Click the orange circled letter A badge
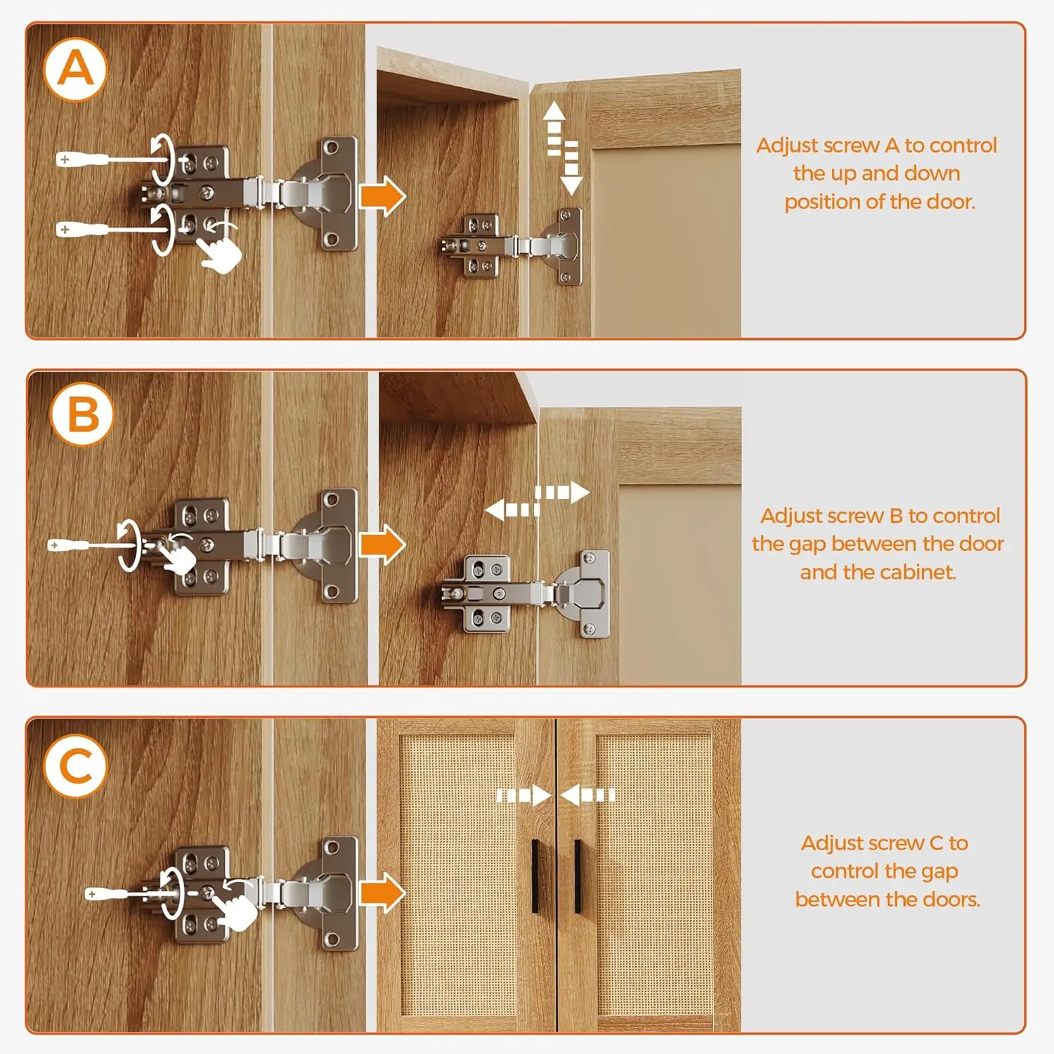75,70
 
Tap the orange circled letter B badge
82,414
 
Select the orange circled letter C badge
76,766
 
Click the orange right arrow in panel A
383,197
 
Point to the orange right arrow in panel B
383,545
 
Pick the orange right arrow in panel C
383,892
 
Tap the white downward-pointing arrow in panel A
571,168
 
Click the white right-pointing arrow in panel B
562,493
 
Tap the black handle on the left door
536,876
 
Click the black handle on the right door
578,876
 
